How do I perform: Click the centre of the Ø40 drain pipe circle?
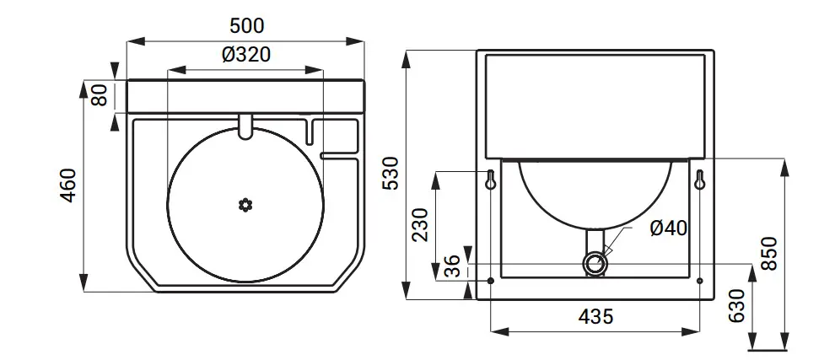click(595, 263)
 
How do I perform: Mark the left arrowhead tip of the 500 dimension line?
click(127, 41)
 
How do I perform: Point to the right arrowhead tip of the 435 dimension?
click(700, 331)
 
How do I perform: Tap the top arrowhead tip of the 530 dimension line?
click(407, 51)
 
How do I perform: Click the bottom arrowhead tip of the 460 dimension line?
click(83, 291)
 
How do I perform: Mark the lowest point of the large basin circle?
click(245, 282)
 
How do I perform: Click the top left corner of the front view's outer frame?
click(477, 50)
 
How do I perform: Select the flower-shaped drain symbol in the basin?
click(245, 205)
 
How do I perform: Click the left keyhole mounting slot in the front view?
click(490, 180)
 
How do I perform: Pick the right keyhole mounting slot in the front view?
click(700, 180)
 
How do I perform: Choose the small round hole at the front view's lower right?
click(700, 281)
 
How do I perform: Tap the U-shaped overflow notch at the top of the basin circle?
click(245, 126)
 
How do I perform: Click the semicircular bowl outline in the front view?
click(595, 194)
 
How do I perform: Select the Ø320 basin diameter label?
click(246, 54)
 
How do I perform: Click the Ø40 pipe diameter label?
click(668, 228)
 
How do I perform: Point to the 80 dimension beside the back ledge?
click(100, 96)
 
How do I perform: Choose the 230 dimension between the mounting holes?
click(421, 225)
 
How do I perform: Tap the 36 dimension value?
click(452, 266)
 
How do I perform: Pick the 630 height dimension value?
click(736, 306)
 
